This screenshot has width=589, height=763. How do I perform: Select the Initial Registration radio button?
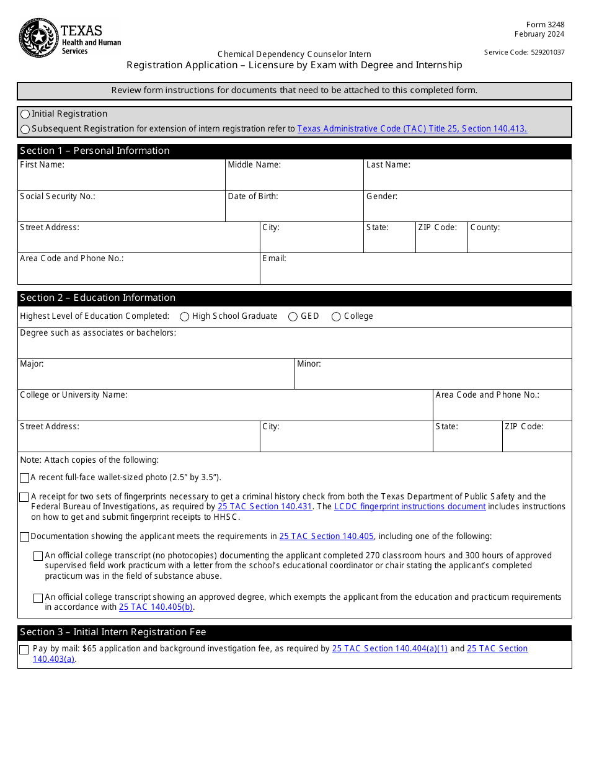tap(25, 114)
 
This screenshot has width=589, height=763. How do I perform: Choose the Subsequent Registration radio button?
tap(25, 129)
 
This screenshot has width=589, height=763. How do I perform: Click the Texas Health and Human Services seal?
tap(38, 37)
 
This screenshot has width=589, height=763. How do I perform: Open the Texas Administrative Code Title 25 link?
tap(412, 129)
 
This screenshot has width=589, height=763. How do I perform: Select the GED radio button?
tap(293, 316)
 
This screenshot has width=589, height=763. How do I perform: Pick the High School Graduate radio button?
tap(185, 316)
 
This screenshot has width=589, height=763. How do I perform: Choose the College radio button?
tap(337, 316)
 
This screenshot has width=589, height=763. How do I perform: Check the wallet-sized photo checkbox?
tap(24, 478)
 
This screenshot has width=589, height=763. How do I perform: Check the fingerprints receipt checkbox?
tap(24, 497)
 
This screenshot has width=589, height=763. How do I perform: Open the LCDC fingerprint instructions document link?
tap(410, 507)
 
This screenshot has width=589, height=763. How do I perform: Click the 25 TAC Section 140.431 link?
tap(265, 507)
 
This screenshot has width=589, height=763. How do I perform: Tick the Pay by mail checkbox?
tap(24, 649)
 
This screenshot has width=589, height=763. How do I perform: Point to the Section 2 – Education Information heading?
tap(97, 298)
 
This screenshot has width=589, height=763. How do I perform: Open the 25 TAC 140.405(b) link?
tap(156, 607)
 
